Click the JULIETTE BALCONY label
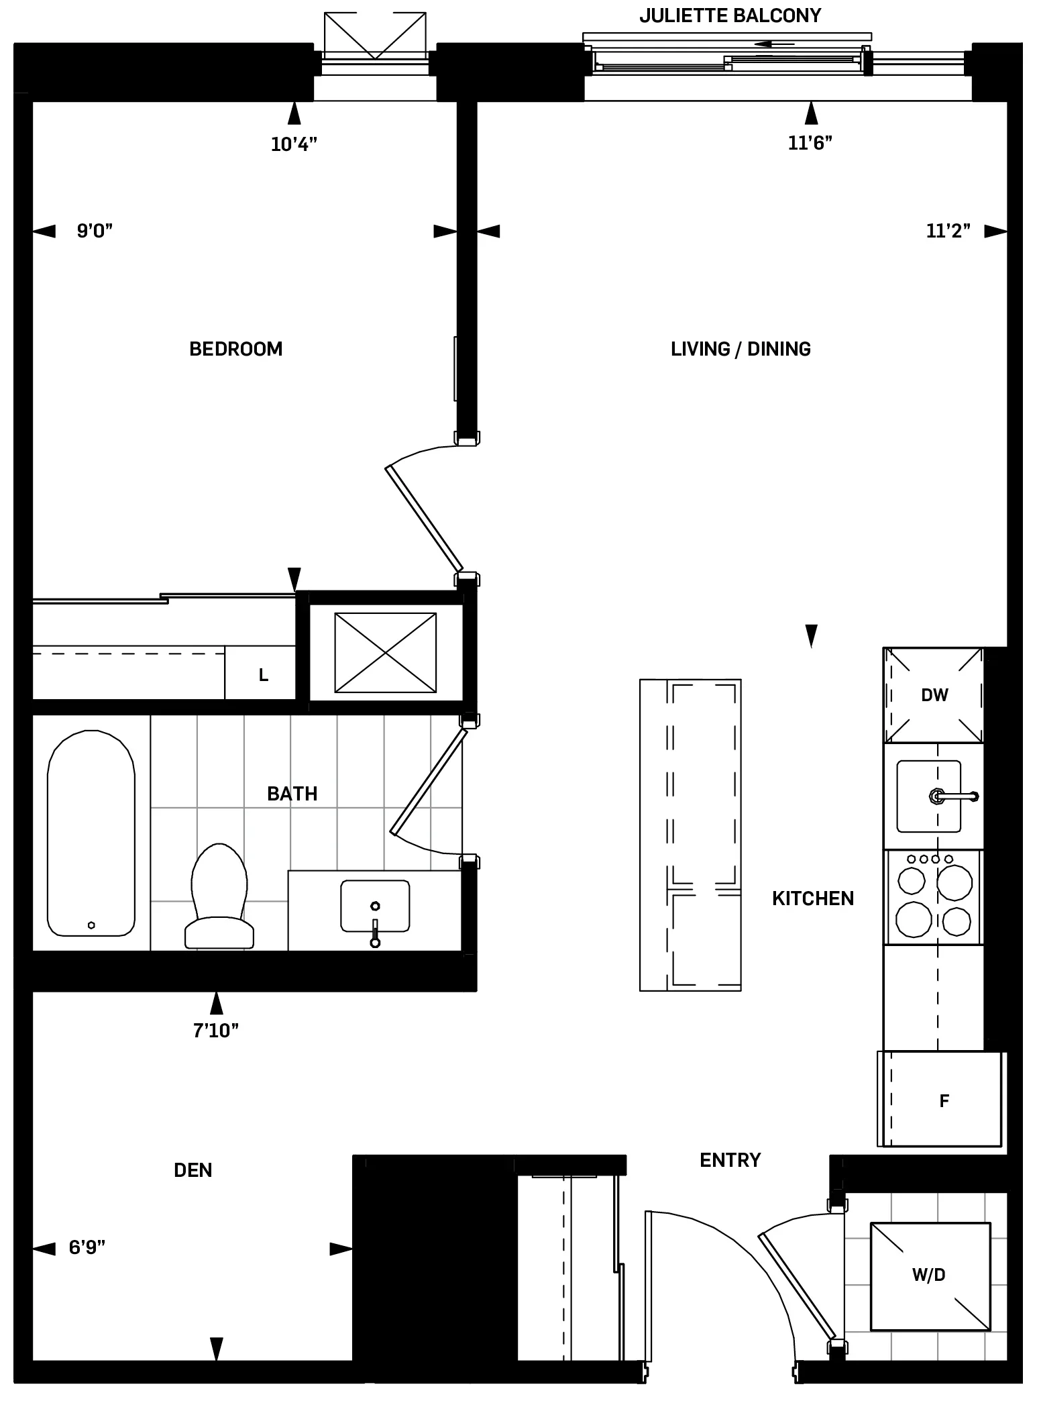click(730, 15)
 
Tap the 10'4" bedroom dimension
click(293, 144)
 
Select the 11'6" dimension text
click(810, 142)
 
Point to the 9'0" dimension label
click(95, 231)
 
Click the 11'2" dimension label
click(948, 231)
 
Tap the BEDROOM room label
click(235, 349)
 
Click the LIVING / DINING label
click(741, 349)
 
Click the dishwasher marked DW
click(934, 695)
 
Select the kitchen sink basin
click(928, 796)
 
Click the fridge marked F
click(942, 1100)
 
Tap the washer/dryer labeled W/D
click(930, 1276)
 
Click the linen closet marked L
click(263, 675)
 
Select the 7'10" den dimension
click(215, 1031)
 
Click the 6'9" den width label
click(87, 1248)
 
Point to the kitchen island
click(690, 835)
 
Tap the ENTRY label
click(730, 1160)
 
